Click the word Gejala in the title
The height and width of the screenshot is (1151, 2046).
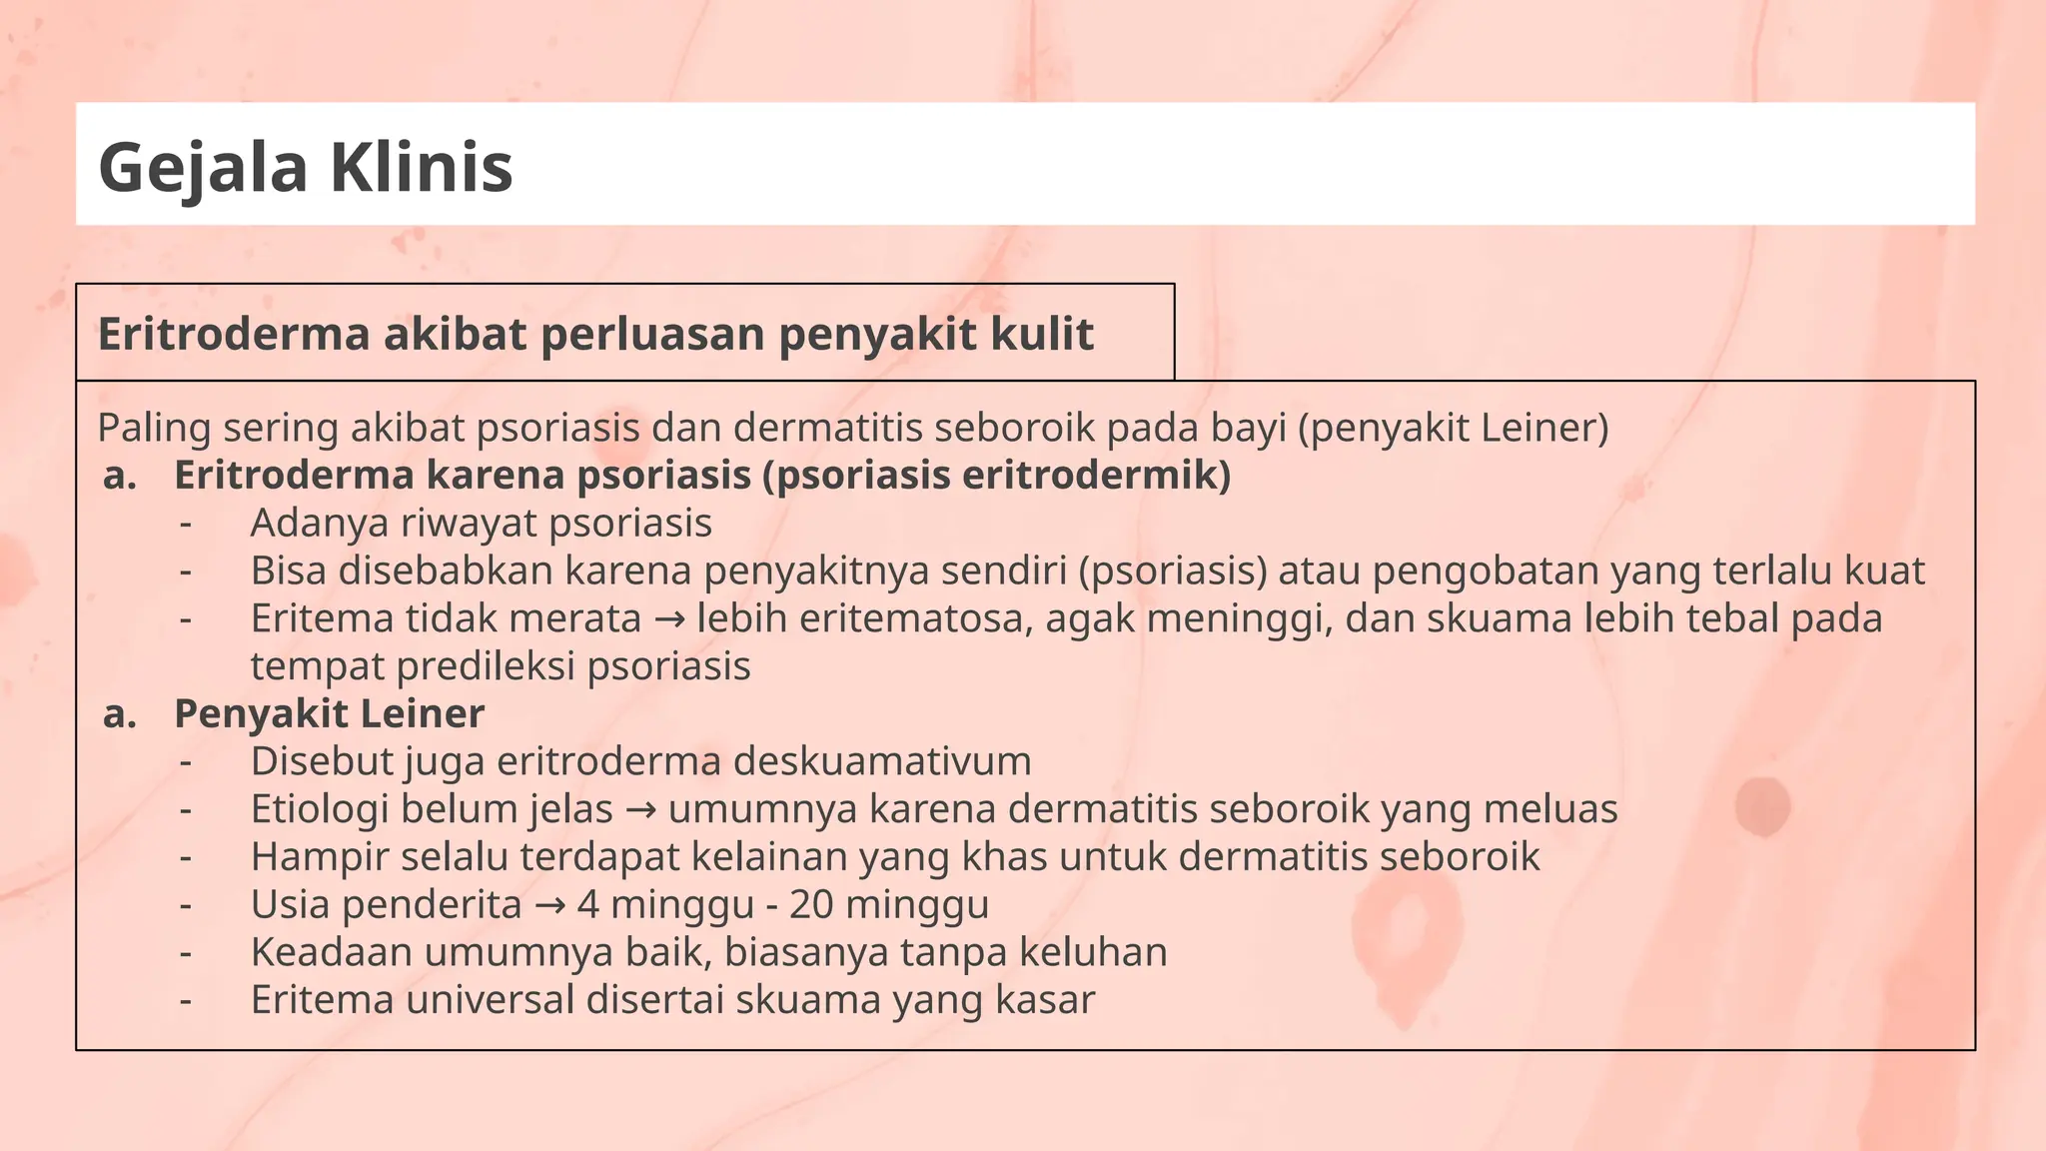click(x=203, y=167)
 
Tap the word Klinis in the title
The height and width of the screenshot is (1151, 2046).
click(x=422, y=167)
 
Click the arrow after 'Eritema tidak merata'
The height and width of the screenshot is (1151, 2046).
click(x=669, y=619)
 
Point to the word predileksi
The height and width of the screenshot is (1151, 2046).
click(x=486, y=666)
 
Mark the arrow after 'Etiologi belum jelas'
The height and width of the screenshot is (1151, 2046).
click(x=640, y=809)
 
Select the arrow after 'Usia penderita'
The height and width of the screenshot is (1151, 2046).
click(x=549, y=905)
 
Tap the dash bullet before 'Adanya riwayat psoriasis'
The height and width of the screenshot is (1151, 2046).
click(x=185, y=524)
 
